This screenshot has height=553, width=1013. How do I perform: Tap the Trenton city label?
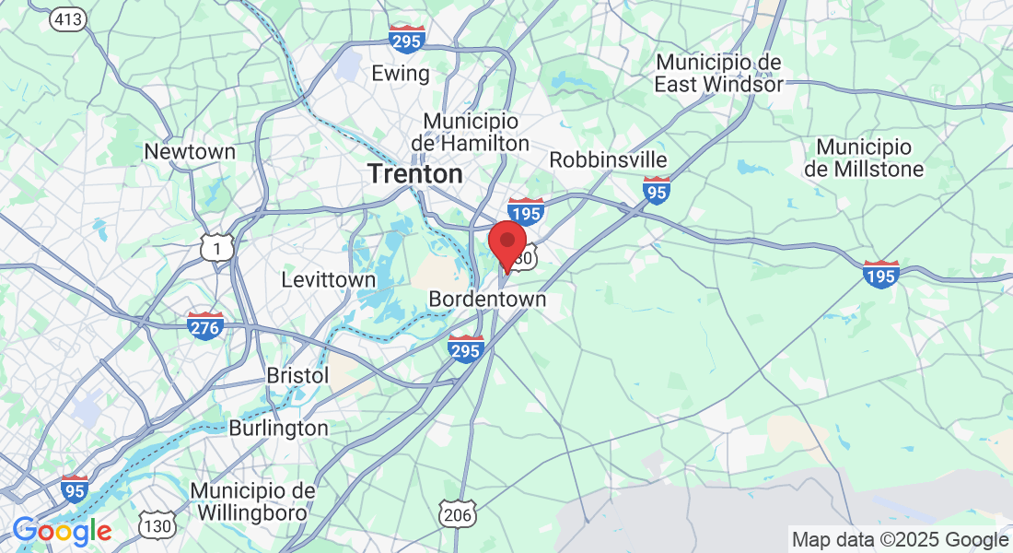click(414, 173)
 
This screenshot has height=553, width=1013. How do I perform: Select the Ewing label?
click(400, 74)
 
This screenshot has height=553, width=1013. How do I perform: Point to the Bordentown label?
click(487, 300)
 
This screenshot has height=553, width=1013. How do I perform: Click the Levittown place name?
click(329, 279)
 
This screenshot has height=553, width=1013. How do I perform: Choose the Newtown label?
click(190, 151)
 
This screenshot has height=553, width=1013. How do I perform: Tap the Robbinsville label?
click(608, 159)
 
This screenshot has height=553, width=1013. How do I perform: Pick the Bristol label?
click(297, 376)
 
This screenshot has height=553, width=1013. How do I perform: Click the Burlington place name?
click(278, 429)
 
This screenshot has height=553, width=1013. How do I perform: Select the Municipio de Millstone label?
click(864, 158)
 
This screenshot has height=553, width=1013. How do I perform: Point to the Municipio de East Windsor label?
click(718, 73)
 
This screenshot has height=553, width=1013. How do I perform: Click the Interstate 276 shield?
click(204, 324)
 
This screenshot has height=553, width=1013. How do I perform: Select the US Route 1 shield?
click(217, 247)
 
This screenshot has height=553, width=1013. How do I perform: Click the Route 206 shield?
click(458, 514)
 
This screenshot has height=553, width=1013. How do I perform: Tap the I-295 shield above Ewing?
click(405, 40)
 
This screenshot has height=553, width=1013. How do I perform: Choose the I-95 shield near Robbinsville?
click(656, 190)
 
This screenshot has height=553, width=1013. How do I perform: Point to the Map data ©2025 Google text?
click(900, 540)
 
